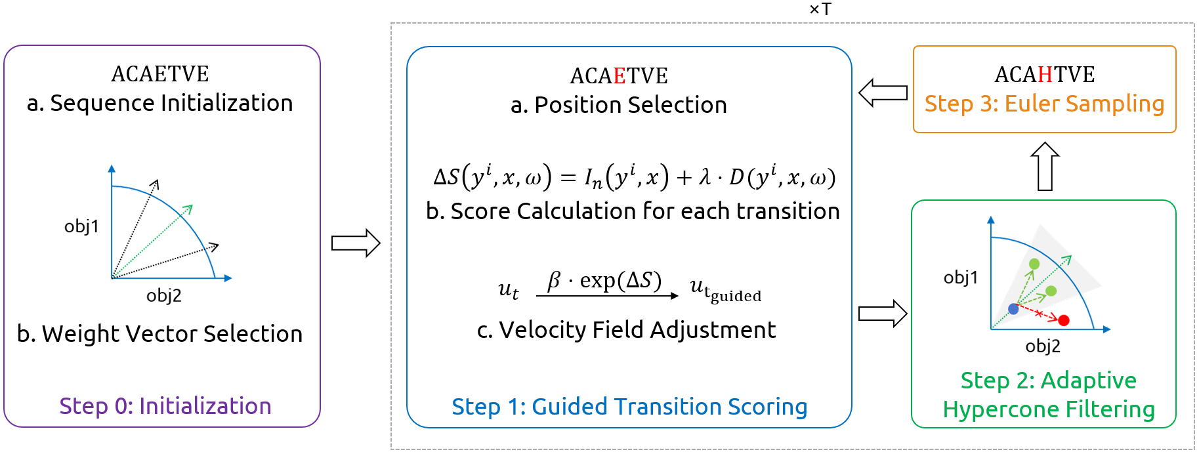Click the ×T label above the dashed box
pos(820,9)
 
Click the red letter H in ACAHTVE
pos(1045,75)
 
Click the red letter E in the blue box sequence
pos(620,76)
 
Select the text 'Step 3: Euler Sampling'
pos(1044,104)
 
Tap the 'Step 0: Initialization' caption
pos(165,406)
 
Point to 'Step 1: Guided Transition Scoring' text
pos(629,407)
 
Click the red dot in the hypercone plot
pos(1064,320)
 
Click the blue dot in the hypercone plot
pos(1013,308)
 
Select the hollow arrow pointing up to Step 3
pos(1045,167)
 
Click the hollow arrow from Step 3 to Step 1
pos(883,93)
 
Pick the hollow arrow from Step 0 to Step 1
pos(356,243)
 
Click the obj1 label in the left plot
pos(81,226)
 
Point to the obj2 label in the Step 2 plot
pos(1043,346)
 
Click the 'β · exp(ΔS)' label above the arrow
pos(604,280)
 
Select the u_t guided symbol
pos(725,289)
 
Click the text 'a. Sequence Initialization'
pos(159,103)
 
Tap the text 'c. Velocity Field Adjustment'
pos(626,329)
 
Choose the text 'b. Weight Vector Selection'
pos(159,333)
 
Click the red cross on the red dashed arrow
pos(1039,314)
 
